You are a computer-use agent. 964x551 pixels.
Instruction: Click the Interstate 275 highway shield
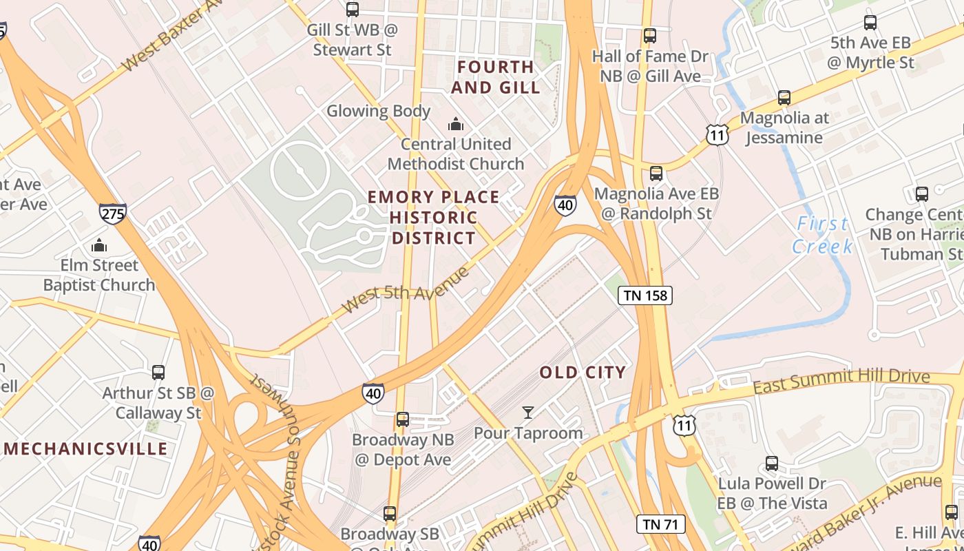pyautogui.click(x=112, y=214)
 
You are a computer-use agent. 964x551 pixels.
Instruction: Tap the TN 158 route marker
pyautogui.click(x=645, y=295)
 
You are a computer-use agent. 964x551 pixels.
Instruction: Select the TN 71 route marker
pyautogui.click(x=660, y=524)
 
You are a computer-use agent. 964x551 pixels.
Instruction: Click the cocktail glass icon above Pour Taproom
pyautogui.click(x=528, y=413)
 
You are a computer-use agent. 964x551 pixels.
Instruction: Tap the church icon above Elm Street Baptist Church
pyautogui.click(x=99, y=245)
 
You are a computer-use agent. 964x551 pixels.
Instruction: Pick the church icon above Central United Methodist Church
pyautogui.click(x=455, y=124)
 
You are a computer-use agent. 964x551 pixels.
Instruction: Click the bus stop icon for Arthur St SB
pyautogui.click(x=158, y=373)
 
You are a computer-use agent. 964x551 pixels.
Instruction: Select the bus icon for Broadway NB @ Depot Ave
pyautogui.click(x=403, y=419)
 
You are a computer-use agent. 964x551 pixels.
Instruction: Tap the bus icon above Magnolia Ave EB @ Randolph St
pyautogui.click(x=656, y=174)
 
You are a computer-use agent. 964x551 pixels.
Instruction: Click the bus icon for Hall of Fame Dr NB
pyautogui.click(x=649, y=36)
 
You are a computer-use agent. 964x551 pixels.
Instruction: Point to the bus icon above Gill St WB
pyautogui.click(x=353, y=10)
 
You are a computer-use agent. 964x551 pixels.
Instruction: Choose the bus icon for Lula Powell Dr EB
pyautogui.click(x=772, y=464)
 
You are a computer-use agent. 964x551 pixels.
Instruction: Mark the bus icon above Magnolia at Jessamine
pyautogui.click(x=784, y=98)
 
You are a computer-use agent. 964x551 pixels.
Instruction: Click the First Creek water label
pyautogui.click(x=822, y=235)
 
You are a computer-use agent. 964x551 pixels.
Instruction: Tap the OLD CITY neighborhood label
pyautogui.click(x=583, y=373)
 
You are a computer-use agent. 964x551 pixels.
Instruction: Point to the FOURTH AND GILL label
pyautogui.click(x=495, y=77)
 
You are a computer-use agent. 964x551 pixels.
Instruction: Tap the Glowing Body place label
pyautogui.click(x=378, y=111)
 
